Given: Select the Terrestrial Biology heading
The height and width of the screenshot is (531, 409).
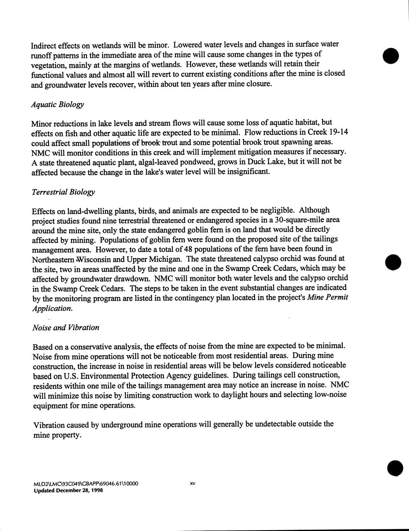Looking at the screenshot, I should click(x=63, y=192).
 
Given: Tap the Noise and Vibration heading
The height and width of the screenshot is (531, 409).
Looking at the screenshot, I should click(x=66, y=328).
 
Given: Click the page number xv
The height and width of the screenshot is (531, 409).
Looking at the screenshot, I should click(x=193, y=484).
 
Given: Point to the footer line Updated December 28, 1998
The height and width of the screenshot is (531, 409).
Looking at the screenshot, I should click(x=68, y=491).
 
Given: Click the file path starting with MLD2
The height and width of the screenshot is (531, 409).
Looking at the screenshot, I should click(x=86, y=484).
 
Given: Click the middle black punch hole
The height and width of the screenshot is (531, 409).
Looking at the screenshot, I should click(x=393, y=262).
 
